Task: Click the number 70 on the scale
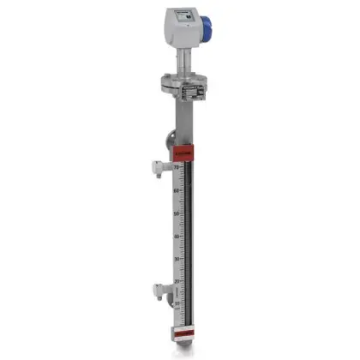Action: (177, 169)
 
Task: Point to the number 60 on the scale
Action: (177, 191)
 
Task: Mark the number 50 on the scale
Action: (177, 214)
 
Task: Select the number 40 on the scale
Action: (177, 237)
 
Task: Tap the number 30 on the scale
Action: (177, 259)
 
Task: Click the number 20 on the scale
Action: (177, 281)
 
